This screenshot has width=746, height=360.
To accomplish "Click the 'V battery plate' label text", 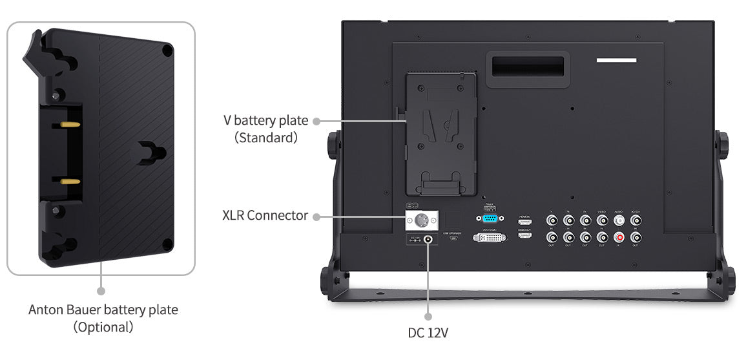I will [266, 120].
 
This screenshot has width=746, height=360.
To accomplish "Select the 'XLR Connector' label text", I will [265, 215].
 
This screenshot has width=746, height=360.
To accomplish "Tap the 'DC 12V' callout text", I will [428, 334].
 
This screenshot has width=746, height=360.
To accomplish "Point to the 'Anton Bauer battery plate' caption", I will [103, 310].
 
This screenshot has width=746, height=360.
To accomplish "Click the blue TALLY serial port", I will [489, 218].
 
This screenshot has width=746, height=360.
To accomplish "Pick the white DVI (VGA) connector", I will [489, 238].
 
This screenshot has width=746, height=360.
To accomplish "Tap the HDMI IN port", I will [524, 222].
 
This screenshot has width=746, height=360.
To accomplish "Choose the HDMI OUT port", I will [524, 236].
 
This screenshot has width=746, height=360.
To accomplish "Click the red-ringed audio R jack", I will [619, 237].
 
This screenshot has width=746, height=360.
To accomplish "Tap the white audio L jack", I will [619, 220].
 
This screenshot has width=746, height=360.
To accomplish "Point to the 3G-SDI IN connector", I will [636, 220].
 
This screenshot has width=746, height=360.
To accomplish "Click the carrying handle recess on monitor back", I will [527, 66].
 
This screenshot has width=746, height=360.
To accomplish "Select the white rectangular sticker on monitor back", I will [616, 60].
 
